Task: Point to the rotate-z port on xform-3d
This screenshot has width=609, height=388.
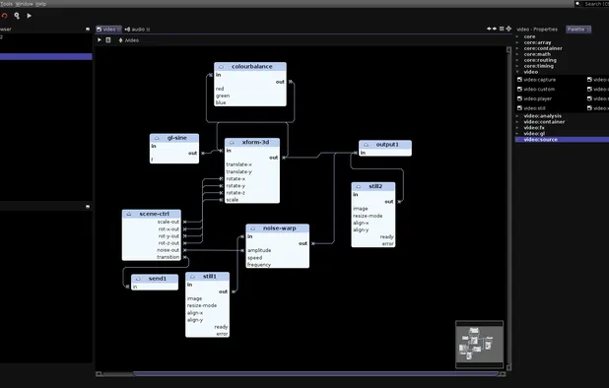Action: (236, 192)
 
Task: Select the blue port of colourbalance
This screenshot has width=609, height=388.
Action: (222, 102)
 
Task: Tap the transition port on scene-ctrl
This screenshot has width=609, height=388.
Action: (169, 257)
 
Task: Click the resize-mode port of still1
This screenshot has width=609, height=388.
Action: (202, 305)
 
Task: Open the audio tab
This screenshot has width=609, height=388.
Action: (139, 30)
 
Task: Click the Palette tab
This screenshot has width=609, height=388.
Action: (575, 30)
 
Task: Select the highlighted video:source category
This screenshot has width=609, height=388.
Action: (541, 140)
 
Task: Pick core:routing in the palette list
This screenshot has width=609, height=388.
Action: (540, 60)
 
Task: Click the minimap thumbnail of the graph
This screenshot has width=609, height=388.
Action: (480, 345)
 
